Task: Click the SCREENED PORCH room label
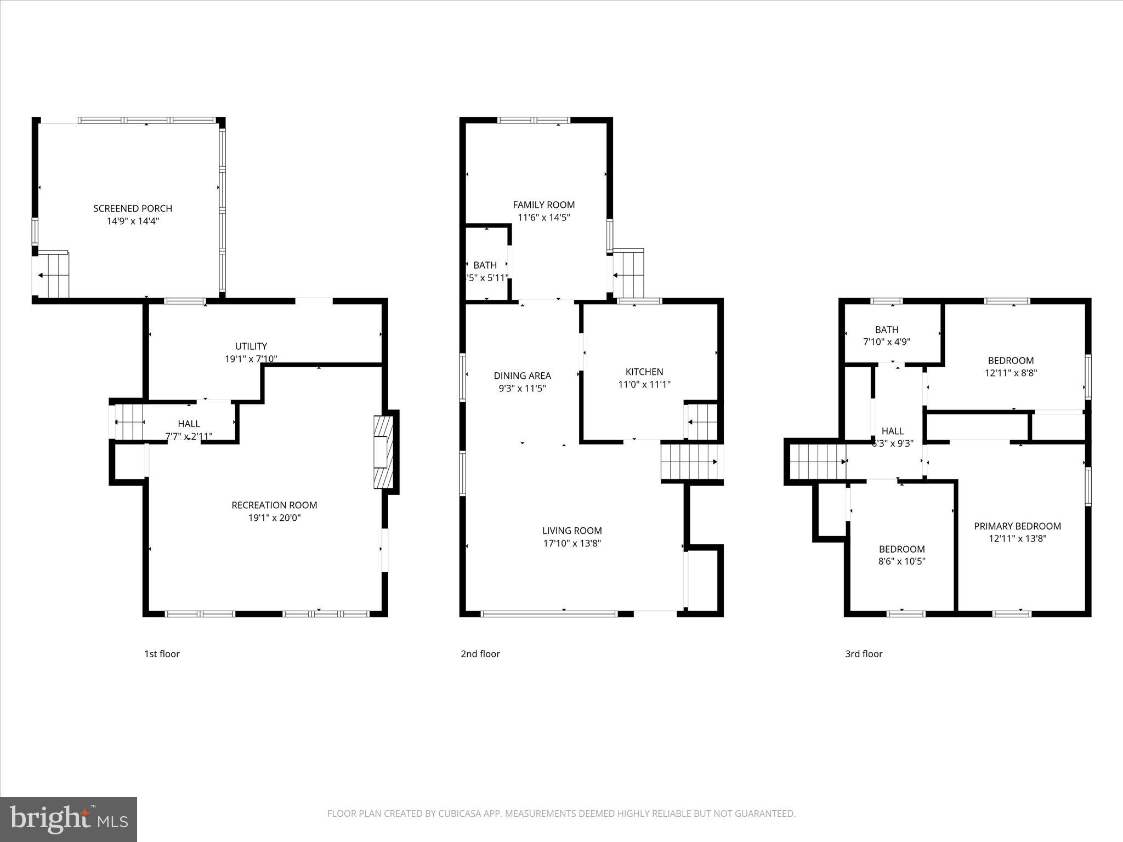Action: (133, 208)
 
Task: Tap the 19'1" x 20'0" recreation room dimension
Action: (274, 518)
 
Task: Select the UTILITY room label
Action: (251, 346)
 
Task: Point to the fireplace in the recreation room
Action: (384, 452)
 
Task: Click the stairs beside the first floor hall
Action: (128, 422)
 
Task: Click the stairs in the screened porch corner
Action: (53, 276)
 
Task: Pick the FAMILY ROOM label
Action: (543, 205)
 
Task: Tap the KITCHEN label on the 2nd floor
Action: (644, 372)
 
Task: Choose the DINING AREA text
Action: (522, 376)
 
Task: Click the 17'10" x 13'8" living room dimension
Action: (572, 544)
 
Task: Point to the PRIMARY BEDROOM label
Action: (1017, 526)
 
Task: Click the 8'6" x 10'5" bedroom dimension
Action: (901, 561)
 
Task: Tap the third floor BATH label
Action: (887, 330)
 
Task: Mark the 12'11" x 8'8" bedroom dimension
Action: (1011, 373)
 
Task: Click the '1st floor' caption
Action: (162, 654)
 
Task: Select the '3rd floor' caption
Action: (864, 654)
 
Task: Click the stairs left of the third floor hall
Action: (818, 462)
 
